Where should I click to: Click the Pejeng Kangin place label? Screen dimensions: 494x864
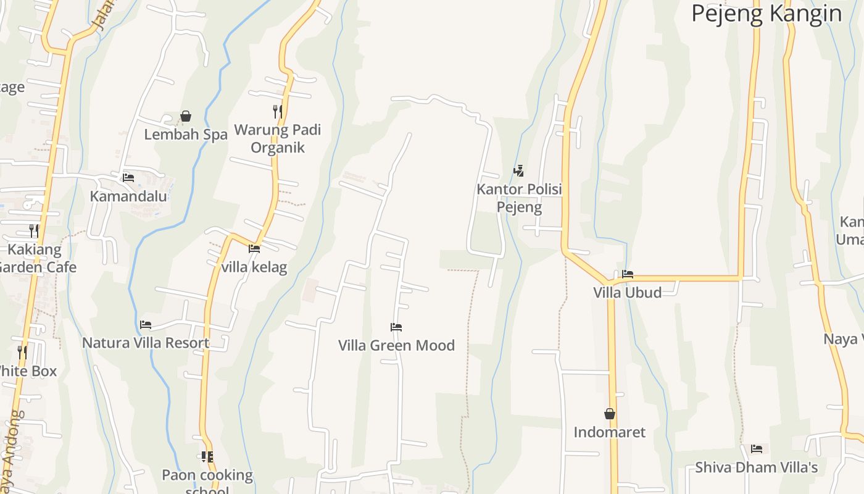(x=766, y=13)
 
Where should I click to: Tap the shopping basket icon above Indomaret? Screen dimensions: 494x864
(x=610, y=414)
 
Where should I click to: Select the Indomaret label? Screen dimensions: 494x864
(x=610, y=432)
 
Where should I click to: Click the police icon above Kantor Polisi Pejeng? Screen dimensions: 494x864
(x=519, y=171)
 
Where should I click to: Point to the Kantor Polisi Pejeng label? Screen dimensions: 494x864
(x=519, y=198)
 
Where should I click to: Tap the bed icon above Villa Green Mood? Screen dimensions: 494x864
(x=396, y=327)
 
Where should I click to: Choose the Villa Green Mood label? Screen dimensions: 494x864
(x=396, y=345)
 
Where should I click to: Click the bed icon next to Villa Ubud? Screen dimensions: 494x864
(x=628, y=274)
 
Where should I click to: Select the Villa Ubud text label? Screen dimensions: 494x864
(x=628, y=292)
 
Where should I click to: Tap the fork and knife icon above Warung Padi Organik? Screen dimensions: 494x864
(x=278, y=112)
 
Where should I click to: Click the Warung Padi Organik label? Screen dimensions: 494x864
(x=278, y=139)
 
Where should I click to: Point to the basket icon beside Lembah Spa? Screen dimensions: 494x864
(x=186, y=116)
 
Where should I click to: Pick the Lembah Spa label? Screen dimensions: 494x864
(x=186, y=134)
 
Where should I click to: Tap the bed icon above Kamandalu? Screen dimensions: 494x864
(x=128, y=178)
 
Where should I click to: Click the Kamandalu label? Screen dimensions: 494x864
(x=128, y=196)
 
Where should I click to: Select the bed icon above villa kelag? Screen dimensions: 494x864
(x=254, y=249)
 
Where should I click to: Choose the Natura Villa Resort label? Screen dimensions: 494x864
(x=146, y=343)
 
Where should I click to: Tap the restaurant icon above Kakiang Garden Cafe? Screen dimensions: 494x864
(x=34, y=231)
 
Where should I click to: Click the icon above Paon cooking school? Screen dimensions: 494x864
(x=207, y=457)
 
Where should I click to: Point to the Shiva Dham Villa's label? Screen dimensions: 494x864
(x=757, y=467)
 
